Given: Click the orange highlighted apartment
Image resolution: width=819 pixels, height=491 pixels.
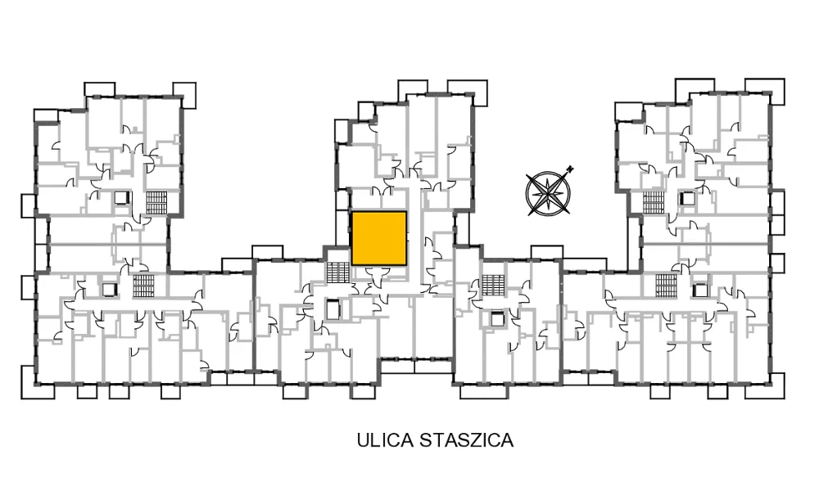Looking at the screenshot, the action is [379, 238].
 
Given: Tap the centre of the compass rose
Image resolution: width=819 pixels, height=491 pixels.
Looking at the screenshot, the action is [548, 193].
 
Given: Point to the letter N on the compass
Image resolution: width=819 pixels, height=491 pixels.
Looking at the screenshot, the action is [570, 169].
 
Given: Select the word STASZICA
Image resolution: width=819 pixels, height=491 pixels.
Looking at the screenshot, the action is [467, 440].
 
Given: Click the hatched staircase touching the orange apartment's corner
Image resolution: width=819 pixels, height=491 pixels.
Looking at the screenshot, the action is [338, 272].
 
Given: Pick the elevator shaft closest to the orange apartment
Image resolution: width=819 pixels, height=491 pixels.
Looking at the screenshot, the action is [333, 309].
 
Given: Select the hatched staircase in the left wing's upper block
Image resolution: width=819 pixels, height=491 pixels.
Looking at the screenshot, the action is [156, 202].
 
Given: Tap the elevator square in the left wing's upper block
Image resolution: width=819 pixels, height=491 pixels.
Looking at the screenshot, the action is [122, 198].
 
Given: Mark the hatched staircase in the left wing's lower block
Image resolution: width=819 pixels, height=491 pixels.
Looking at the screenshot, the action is [143, 286].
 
